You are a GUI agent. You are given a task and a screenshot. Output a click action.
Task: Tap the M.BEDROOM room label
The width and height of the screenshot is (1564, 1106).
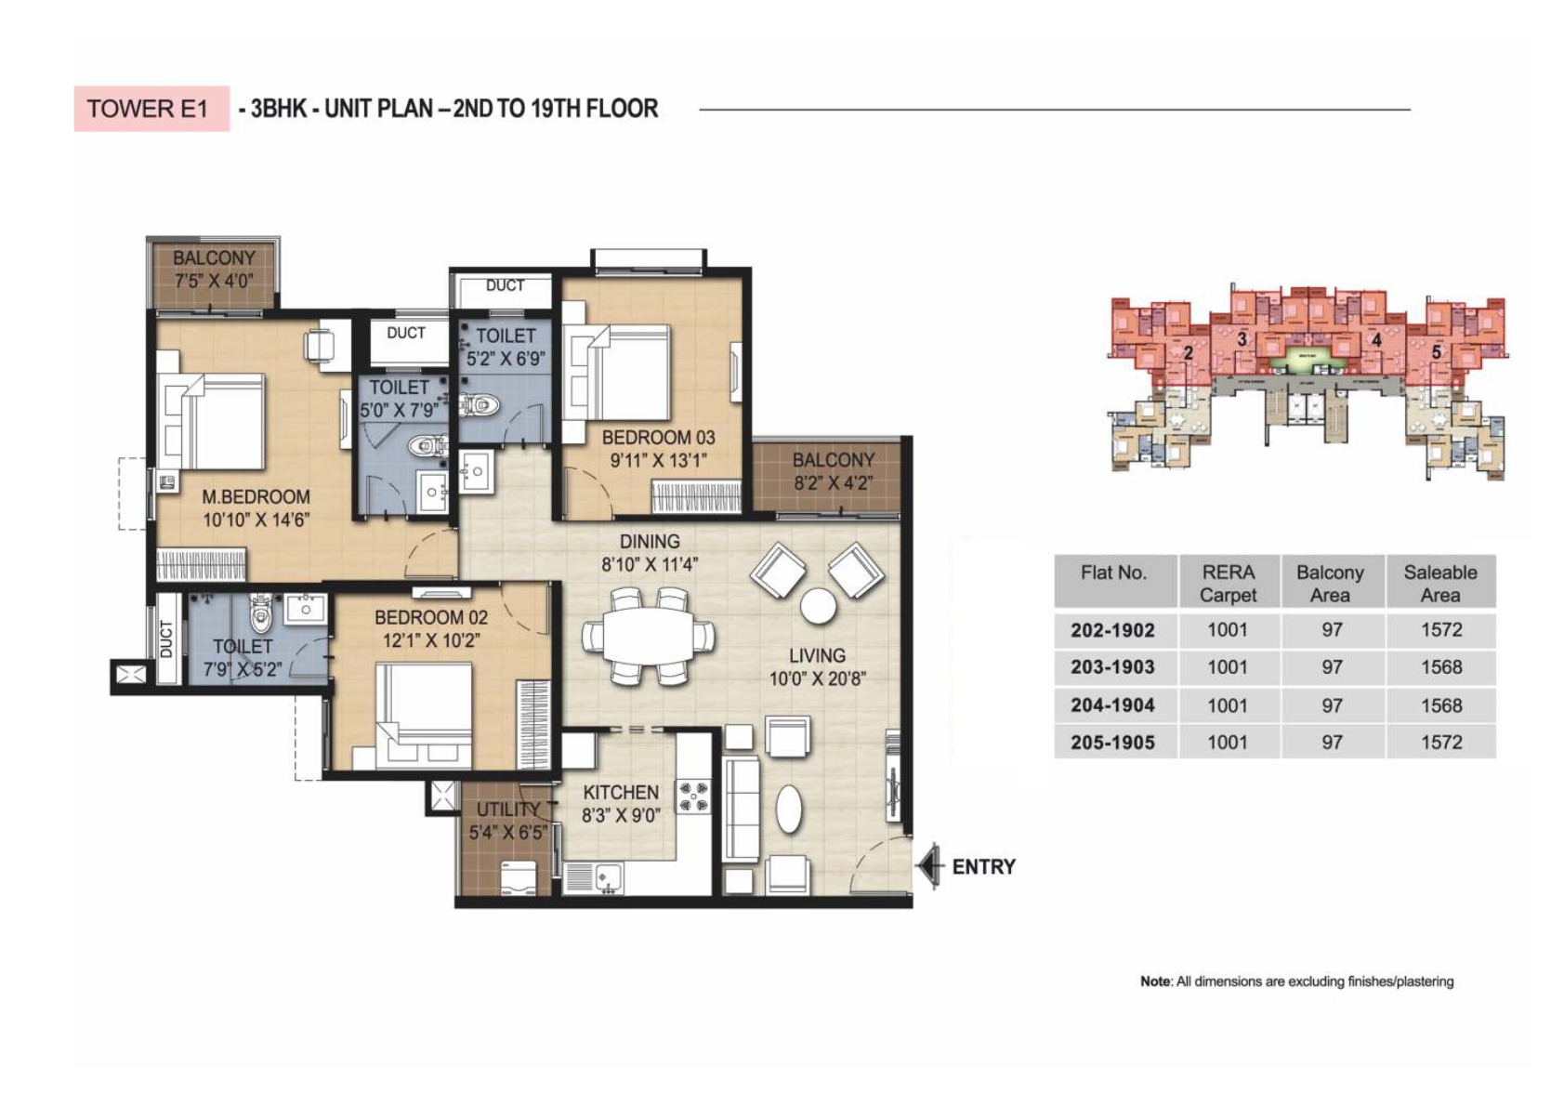pyautogui.click(x=256, y=497)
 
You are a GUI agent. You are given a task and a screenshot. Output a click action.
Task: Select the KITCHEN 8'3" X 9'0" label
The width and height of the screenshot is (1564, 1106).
pyautogui.click(x=621, y=804)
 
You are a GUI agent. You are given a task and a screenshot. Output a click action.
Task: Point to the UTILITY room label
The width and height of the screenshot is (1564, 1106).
pyautogui.click(x=507, y=810)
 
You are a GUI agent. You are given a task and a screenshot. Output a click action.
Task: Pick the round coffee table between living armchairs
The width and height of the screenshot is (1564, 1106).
pyautogui.click(x=819, y=606)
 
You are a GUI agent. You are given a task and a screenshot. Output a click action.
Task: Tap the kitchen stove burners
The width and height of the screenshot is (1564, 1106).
pyautogui.click(x=693, y=796)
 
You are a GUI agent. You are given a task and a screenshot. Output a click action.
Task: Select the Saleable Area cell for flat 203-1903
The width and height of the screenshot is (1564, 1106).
pyautogui.click(x=1440, y=667)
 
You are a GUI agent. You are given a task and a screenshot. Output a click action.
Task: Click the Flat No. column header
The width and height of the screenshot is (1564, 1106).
pyautogui.click(x=1113, y=573)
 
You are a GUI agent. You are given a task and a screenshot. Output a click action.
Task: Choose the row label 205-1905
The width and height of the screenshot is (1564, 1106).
pyautogui.click(x=1112, y=743)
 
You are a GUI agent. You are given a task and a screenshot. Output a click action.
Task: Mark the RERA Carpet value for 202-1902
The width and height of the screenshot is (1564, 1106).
pyautogui.click(x=1227, y=630)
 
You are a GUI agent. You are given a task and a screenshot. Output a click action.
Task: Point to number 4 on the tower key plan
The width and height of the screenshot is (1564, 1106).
pyautogui.click(x=1376, y=340)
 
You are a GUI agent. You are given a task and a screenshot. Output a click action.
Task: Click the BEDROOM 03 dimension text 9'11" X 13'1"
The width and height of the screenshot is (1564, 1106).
pyautogui.click(x=658, y=460)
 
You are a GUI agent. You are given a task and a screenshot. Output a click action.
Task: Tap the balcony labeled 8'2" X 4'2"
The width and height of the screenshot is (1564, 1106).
pyautogui.click(x=833, y=472)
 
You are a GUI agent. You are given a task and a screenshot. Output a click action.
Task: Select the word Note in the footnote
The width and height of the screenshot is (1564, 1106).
pyautogui.click(x=1155, y=981)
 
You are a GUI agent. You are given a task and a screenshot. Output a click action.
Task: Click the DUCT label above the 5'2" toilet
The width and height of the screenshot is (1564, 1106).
pyautogui.click(x=505, y=285)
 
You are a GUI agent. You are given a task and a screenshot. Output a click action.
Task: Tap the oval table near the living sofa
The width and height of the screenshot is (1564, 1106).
pyautogui.click(x=789, y=810)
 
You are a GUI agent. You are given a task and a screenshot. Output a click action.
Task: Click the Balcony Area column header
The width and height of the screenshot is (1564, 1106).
pyautogui.click(x=1331, y=583)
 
